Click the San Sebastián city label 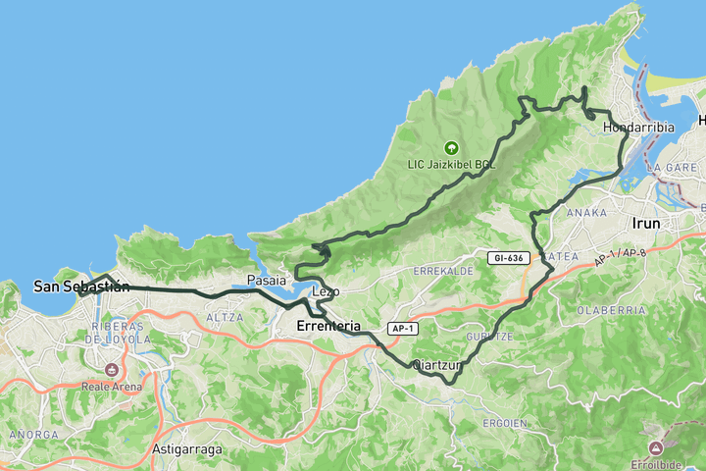click(x=81, y=287)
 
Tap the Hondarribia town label click(x=638, y=128)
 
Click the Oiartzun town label click(x=436, y=365)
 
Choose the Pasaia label click(x=267, y=281)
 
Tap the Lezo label click(x=326, y=291)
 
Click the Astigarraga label click(x=187, y=449)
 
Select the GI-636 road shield click(x=509, y=258)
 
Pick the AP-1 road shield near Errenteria click(x=400, y=328)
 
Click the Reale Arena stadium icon click(x=111, y=370)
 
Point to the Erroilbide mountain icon click(x=656, y=447)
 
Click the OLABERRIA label click(x=611, y=309)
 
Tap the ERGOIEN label click(x=506, y=423)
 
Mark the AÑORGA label click(x=26, y=434)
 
